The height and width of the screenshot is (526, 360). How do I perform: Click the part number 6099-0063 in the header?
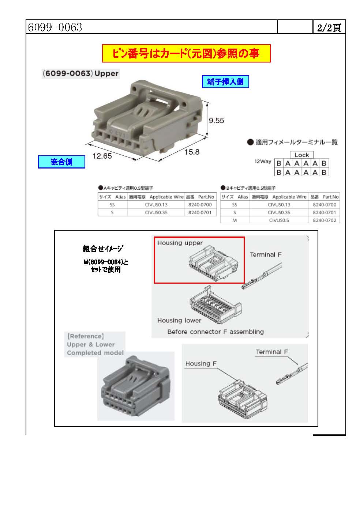pos(55,27)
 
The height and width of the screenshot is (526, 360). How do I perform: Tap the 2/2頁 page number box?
pos(329,28)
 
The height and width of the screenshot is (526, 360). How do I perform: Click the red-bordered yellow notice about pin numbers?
pos(186,54)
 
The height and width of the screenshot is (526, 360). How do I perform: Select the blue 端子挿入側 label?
pos(225,82)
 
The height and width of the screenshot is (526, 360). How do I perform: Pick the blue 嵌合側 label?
pos(61,162)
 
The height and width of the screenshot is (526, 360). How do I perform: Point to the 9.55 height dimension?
pos(216,121)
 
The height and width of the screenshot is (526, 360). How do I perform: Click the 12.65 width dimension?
pos(102,156)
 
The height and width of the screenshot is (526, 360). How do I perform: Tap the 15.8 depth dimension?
pos(192,152)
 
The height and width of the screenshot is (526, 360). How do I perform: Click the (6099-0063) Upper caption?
pos(81,73)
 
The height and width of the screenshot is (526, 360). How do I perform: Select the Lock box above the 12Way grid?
pos(301,155)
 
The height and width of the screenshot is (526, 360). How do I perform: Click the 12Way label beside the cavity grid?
pos(263,162)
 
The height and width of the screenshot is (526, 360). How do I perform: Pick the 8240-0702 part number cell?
pos(324,220)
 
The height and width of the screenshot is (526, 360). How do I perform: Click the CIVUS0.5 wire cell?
pos(279,220)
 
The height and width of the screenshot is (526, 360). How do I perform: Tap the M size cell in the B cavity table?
pos(235,220)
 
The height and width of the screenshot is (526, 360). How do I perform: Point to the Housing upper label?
pos(180,243)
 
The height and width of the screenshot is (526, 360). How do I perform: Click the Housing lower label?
pos(179,321)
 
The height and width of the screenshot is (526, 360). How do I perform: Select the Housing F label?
pos(201,364)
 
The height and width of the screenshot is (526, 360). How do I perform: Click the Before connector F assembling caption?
pos(215,332)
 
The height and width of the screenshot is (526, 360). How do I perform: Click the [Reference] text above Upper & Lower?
pos(86,336)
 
